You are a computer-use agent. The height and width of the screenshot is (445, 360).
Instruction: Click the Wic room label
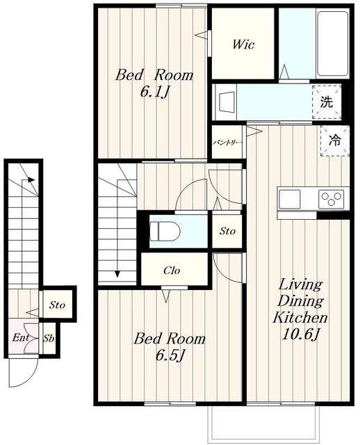(x=243, y=44)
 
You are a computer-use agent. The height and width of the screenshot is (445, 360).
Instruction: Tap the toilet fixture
(x=165, y=232)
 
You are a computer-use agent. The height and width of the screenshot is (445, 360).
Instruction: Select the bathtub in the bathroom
(x=332, y=43)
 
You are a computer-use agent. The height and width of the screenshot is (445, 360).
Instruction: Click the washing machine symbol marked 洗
(x=327, y=102)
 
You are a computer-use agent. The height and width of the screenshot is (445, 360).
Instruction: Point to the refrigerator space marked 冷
(x=335, y=140)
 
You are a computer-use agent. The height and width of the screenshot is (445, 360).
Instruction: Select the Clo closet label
(x=172, y=270)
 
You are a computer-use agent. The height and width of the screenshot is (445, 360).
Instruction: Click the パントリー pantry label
(x=227, y=143)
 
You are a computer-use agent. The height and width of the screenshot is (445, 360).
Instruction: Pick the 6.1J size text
(x=154, y=92)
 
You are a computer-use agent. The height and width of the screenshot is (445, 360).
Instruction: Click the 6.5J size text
(x=170, y=355)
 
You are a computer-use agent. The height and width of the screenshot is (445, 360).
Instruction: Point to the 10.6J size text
(x=301, y=334)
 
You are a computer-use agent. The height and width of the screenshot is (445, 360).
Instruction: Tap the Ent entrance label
(x=20, y=337)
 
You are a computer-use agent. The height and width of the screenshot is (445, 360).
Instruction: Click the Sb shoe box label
(x=49, y=339)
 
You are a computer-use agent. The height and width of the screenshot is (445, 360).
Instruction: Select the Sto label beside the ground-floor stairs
(x=57, y=305)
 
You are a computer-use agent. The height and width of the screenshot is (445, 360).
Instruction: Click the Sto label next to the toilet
(x=227, y=231)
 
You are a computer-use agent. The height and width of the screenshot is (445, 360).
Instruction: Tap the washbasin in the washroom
(x=226, y=102)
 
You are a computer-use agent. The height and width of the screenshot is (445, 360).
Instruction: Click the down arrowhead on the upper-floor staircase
(x=117, y=274)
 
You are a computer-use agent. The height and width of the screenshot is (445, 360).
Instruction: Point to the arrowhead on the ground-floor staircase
(x=31, y=179)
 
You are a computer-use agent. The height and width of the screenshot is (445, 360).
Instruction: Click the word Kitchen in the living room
(x=300, y=317)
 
